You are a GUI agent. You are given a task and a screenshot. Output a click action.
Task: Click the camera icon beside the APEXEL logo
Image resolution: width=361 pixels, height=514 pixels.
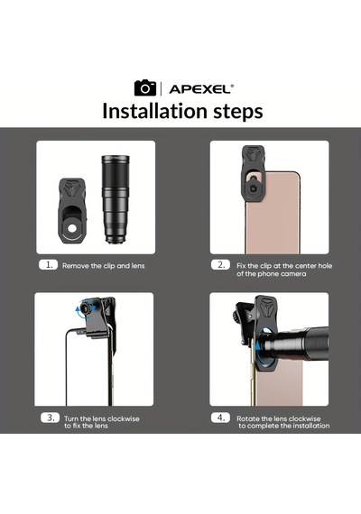(145, 87)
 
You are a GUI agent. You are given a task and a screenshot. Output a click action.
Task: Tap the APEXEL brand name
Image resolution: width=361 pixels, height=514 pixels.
(199, 89)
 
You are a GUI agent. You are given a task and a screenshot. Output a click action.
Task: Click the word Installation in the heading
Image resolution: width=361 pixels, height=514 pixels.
(155, 111)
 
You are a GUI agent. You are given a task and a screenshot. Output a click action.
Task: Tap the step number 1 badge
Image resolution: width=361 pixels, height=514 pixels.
(48, 265)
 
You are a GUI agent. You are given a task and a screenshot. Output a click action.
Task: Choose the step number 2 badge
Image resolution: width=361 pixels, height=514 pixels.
(221, 265)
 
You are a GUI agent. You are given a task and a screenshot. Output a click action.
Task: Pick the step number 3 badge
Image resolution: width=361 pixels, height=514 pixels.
(51, 418)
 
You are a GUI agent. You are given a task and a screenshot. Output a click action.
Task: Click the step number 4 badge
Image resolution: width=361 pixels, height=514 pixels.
(221, 418)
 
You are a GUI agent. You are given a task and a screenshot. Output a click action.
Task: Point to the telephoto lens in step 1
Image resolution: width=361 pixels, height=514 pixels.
(116, 199)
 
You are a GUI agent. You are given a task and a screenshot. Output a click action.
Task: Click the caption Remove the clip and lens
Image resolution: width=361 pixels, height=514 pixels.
(104, 265)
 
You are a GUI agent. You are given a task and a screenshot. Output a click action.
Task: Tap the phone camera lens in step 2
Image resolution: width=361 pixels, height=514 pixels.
(254, 188)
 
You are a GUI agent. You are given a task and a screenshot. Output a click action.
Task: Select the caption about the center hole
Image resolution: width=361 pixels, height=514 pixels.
(284, 270)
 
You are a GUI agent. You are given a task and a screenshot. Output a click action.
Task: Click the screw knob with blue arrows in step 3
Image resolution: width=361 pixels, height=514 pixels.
(86, 308)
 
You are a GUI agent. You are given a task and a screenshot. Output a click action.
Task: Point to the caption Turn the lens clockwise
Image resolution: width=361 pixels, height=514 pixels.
(102, 422)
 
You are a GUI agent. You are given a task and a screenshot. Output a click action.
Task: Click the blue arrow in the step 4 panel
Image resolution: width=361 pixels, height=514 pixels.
(258, 345)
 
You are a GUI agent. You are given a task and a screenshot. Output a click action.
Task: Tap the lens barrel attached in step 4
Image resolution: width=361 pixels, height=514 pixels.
(295, 343)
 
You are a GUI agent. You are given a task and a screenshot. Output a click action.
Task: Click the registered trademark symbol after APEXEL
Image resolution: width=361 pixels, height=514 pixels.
(232, 86)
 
